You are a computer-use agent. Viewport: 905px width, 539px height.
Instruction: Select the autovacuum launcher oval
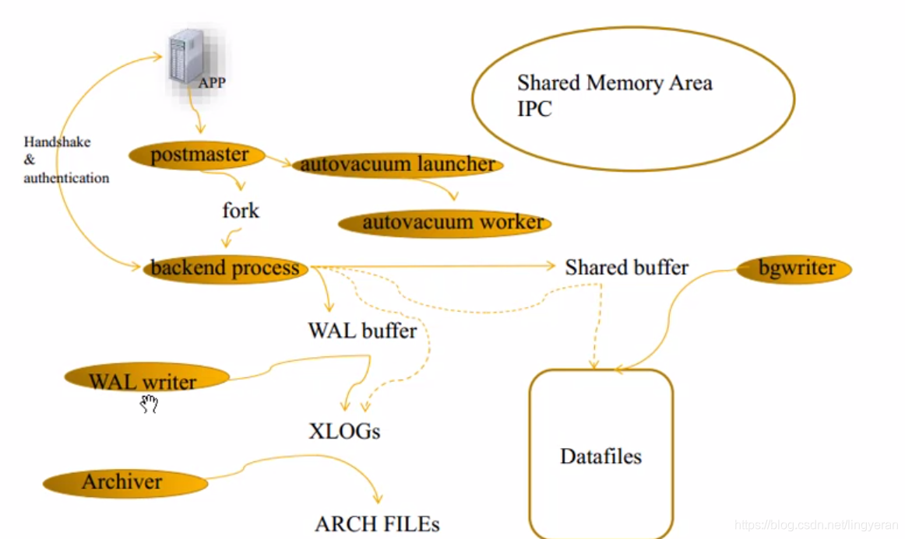click(x=397, y=165)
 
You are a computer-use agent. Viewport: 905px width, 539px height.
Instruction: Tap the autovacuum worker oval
click(x=445, y=222)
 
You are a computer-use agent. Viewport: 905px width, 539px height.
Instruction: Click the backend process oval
click(x=225, y=268)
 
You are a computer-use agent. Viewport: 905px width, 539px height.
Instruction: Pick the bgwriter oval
click(x=794, y=269)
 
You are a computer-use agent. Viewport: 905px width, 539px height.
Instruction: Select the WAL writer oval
click(x=146, y=380)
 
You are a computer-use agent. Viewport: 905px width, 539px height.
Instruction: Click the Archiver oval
click(x=125, y=483)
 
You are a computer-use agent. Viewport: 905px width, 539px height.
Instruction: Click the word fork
click(x=241, y=211)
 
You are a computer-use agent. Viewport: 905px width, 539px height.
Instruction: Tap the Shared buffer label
click(x=626, y=268)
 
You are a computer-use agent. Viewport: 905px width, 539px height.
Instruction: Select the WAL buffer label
click(x=362, y=331)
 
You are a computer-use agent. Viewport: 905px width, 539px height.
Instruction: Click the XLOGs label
click(x=344, y=431)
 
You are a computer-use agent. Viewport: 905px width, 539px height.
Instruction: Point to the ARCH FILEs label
click(x=377, y=524)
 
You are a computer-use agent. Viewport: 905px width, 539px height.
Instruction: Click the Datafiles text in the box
click(x=600, y=456)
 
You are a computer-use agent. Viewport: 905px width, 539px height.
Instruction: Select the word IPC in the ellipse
click(x=534, y=109)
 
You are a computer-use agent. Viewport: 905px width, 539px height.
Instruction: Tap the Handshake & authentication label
click(x=65, y=159)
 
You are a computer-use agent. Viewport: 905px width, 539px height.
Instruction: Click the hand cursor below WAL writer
click(x=149, y=403)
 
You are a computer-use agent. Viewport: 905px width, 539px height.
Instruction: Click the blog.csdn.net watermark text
click(x=817, y=526)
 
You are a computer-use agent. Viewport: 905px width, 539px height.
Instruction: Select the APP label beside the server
click(x=211, y=82)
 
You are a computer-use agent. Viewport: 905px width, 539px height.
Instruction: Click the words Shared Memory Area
click(x=614, y=82)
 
